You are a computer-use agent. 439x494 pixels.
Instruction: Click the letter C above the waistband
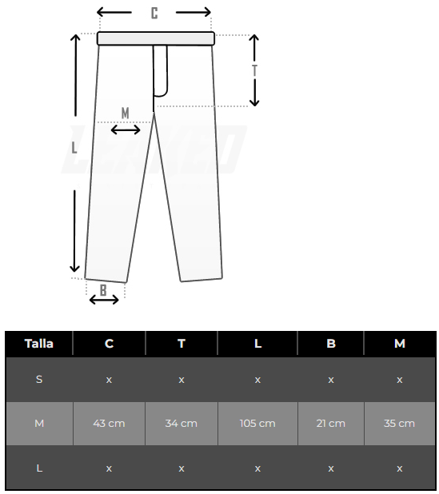[x=154, y=14]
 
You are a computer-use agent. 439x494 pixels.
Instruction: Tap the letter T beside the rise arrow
[x=254, y=70]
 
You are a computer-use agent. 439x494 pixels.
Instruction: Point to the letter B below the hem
[x=103, y=290]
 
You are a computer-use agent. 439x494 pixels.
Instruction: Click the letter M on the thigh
[x=125, y=113]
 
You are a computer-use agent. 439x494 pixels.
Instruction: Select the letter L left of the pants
[x=74, y=147]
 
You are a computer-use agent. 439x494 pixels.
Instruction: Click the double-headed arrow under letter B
[x=104, y=300]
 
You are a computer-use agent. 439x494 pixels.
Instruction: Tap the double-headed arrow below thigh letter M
[x=126, y=129]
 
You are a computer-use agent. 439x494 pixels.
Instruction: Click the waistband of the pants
[x=156, y=38]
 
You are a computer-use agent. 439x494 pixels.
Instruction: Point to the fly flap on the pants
[x=161, y=70]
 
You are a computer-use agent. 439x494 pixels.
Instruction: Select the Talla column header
[x=39, y=344]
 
